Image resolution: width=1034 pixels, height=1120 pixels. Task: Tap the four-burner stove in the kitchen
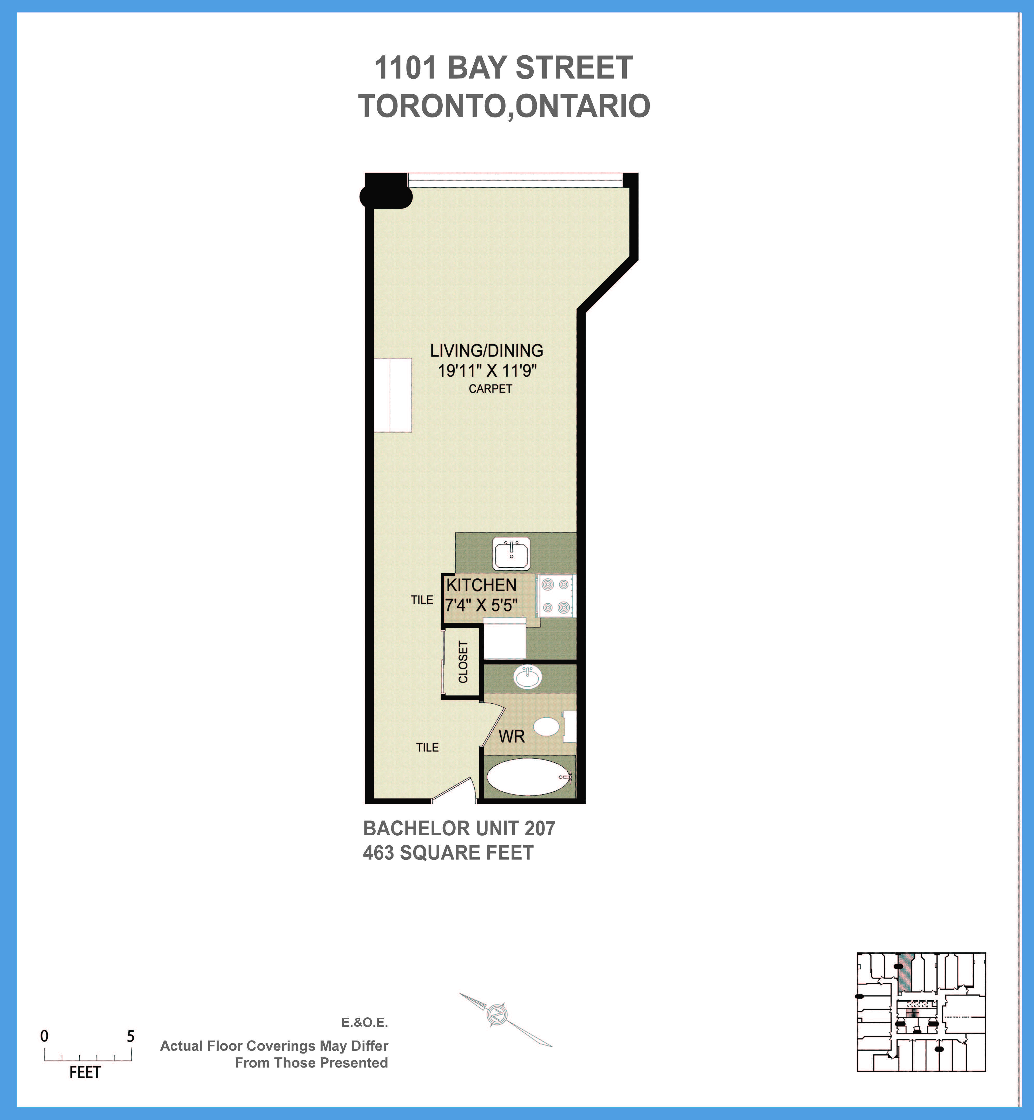(556, 596)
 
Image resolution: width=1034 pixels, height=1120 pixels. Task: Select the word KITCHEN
(481, 585)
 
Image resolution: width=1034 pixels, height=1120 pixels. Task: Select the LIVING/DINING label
(486, 351)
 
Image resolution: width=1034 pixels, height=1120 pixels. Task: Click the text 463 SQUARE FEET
(448, 853)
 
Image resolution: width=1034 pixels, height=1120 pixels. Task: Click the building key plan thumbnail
(921, 1012)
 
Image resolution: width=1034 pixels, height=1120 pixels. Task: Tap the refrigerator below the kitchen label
(504, 639)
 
